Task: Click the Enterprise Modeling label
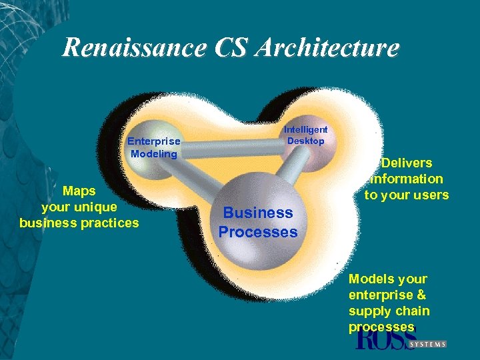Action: (154, 147)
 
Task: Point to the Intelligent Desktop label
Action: (306, 135)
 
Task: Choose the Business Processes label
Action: (258, 223)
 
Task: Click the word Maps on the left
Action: (79, 191)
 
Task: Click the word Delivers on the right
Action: (407, 163)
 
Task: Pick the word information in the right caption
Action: (407, 179)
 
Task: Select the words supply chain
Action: (389, 311)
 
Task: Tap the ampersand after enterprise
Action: (421, 295)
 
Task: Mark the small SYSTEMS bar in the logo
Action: (427, 344)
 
